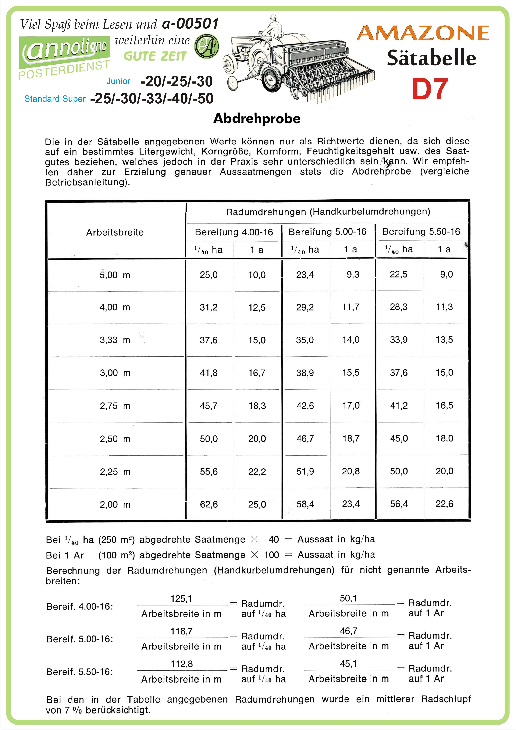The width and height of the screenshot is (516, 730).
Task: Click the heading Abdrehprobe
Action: [257, 119]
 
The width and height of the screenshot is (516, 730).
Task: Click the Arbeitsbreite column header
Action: [115, 232]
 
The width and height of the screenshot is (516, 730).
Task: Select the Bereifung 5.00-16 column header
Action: [328, 232]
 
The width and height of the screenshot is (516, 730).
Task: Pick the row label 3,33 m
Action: [115, 340]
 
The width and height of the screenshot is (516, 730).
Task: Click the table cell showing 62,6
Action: [209, 504]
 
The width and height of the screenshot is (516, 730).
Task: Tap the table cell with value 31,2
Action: [209, 307]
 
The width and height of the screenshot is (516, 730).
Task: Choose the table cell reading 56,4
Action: [399, 504]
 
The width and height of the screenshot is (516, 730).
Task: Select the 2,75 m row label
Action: [115, 406]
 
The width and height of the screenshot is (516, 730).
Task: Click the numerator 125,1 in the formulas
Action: [181, 599]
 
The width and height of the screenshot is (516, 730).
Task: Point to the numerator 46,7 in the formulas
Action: [349, 631]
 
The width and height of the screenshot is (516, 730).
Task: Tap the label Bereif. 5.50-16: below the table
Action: [80, 672]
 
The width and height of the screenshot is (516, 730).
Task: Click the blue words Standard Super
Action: [55, 99]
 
